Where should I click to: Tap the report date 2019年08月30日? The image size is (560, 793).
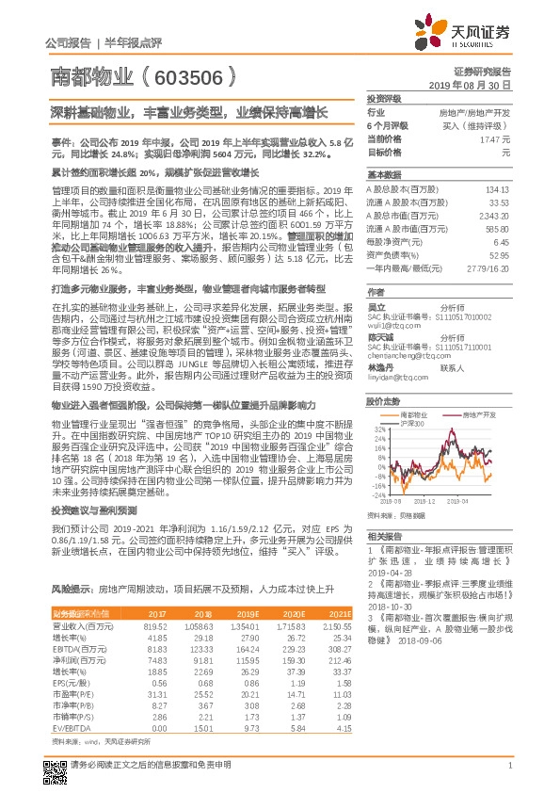(x=476, y=85)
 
